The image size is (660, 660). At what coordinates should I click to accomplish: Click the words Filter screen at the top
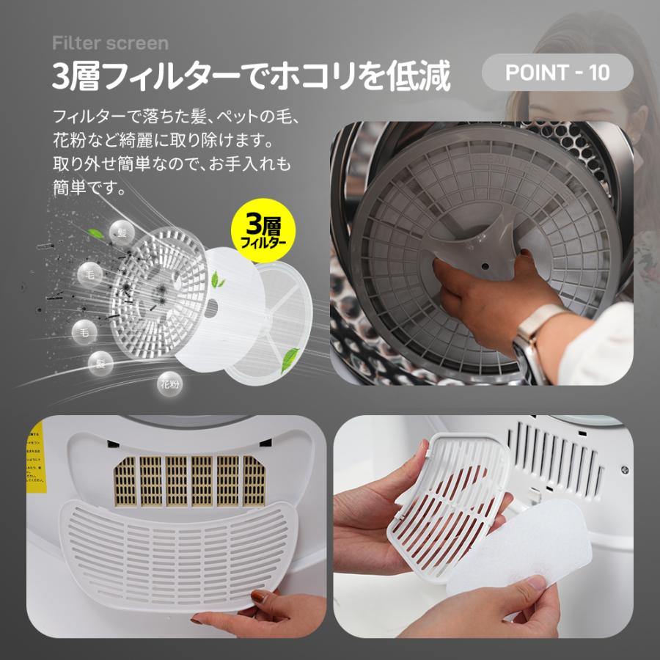point(110,43)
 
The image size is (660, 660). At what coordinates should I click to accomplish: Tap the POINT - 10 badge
point(557,73)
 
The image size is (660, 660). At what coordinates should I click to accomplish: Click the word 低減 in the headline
point(424,76)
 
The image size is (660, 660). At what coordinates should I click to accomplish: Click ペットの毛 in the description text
point(252,116)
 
